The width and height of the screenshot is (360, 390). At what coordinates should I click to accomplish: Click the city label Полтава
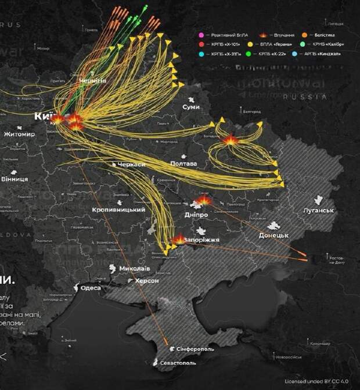183,164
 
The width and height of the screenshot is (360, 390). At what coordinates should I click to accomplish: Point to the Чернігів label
93,80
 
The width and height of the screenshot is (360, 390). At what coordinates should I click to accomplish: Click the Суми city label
190,107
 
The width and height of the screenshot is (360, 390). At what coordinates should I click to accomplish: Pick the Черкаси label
131,165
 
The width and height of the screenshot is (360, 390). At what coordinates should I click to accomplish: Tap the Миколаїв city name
135,269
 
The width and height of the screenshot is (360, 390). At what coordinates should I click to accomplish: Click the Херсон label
147,280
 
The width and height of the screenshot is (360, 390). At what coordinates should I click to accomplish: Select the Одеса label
91,288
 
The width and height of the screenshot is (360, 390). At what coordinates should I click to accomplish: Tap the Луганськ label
319,210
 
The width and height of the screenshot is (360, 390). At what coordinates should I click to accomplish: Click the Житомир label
20,134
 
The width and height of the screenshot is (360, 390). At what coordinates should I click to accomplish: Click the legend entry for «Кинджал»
322,54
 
